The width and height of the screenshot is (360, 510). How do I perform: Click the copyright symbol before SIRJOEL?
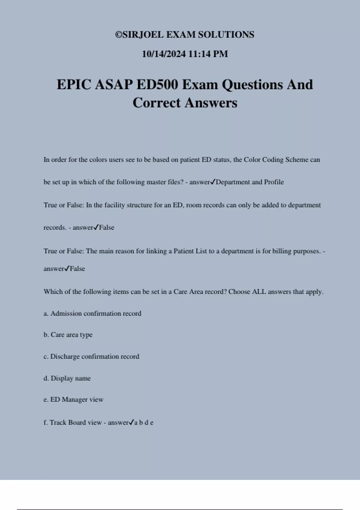point(118,35)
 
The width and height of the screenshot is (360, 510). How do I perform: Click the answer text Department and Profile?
point(250,182)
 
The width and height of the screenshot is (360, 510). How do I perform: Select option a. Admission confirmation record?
point(92,313)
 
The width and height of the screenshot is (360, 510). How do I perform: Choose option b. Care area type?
point(68,335)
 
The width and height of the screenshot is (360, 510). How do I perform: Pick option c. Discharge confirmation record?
point(91,356)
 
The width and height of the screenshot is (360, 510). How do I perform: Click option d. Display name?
point(67,378)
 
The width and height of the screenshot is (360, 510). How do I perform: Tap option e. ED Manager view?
point(73,400)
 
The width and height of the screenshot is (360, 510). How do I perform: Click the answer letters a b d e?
point(144,423)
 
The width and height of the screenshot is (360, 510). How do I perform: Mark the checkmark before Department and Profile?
point(213,182)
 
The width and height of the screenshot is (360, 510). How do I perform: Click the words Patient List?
point(190,251)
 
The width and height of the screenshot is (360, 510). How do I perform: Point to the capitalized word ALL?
point(259,292)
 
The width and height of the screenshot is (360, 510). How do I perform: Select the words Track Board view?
point(76,423)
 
